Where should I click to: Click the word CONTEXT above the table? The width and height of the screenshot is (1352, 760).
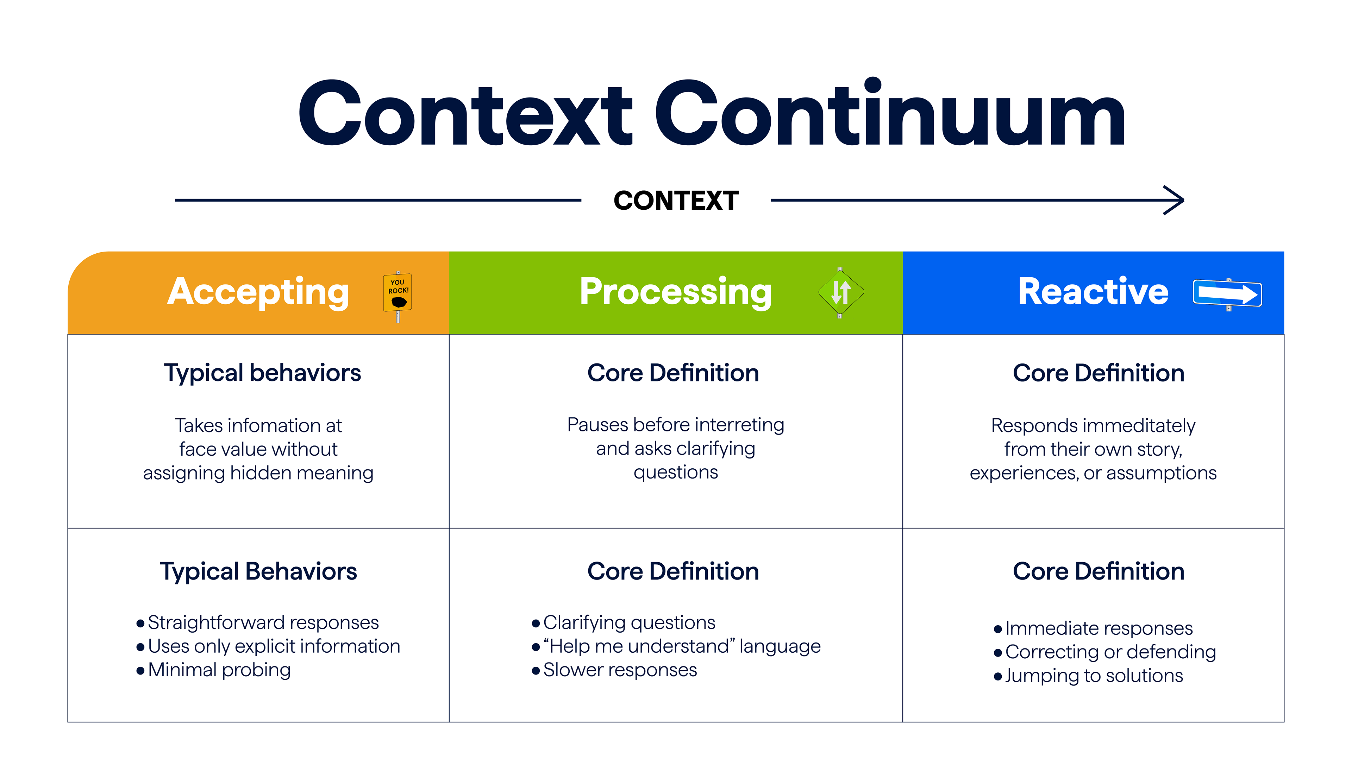(676, 200)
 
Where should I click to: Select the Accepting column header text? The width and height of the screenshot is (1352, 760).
(258, 292)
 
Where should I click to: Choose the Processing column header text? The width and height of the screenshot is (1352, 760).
(676, 292)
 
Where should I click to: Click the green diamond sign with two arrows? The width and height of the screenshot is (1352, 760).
(840, 293)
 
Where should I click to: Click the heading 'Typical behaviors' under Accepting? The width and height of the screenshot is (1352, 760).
(262, 373)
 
